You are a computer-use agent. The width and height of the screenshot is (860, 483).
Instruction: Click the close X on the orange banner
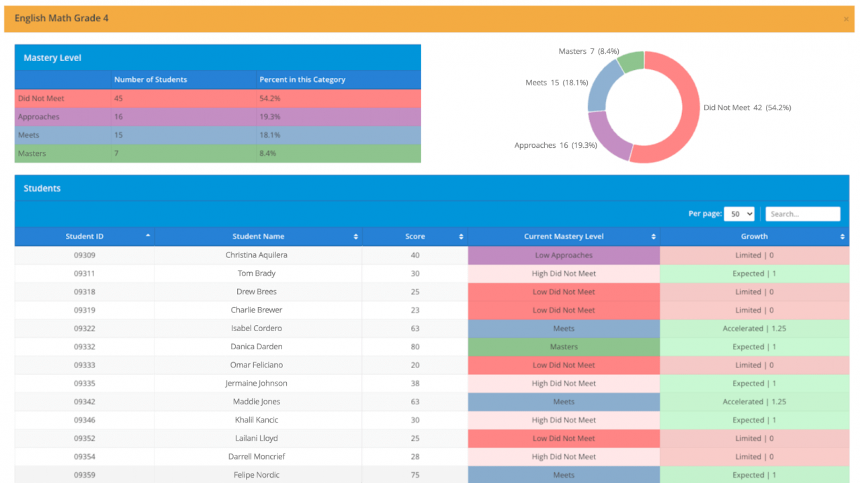point(846,19)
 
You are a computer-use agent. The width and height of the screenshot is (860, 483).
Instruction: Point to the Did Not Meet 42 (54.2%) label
point(746,107)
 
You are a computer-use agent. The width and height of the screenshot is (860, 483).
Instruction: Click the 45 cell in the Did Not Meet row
point(119,99)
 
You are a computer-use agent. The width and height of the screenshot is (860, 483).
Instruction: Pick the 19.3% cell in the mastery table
point(269,117)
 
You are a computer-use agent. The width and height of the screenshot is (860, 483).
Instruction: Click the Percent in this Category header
point(302,79)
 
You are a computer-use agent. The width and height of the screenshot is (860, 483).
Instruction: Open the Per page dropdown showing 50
point(738,214)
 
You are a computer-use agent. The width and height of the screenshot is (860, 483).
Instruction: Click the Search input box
point(802,214)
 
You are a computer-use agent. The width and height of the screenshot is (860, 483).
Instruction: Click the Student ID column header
point(85,236)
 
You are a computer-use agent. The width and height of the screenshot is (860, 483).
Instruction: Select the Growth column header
point(754,236)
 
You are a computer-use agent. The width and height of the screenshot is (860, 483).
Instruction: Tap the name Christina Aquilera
point(257,255)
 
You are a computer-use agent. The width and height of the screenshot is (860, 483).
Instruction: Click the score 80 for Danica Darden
point(415,347)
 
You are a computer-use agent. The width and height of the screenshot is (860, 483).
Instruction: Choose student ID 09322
point(85,328)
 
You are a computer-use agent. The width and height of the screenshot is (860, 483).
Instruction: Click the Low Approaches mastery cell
point(564,255)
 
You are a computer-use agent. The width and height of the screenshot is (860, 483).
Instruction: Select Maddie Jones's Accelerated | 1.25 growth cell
point(754,402)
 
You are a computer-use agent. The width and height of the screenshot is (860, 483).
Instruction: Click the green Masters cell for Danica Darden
point(564,347)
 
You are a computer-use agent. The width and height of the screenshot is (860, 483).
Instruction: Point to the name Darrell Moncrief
point(257,457)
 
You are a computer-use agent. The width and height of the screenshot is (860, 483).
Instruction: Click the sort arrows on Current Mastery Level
point(653,236)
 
